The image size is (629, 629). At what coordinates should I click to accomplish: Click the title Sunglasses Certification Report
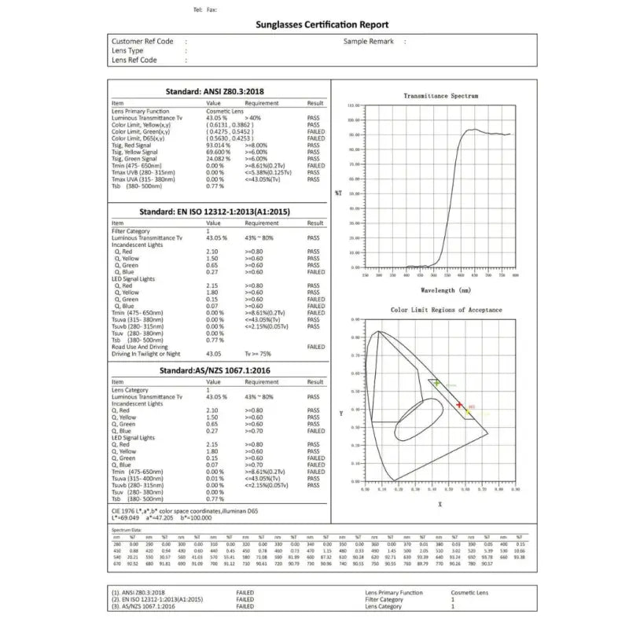coord(322,24)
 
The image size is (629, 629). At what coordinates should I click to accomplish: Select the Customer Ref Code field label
coord(142,41)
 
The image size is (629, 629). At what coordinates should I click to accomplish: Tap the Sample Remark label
coord(368,41)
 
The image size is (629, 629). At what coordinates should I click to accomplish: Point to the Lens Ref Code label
coord(134,60)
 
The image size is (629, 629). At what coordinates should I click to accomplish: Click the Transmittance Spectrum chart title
coord(440,96)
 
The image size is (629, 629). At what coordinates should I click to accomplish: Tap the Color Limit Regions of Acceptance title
coord(446,310)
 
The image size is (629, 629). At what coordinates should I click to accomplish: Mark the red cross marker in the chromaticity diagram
coord(459,405)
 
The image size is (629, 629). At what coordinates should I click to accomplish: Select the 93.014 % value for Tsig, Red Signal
coord(218,145)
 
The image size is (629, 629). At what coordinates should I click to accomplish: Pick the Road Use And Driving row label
coord(140,346)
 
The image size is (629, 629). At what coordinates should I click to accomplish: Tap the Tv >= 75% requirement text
coord(258,354)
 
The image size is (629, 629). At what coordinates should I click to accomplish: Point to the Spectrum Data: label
coord(128,531)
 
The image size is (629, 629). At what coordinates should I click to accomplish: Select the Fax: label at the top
coord(212,9)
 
